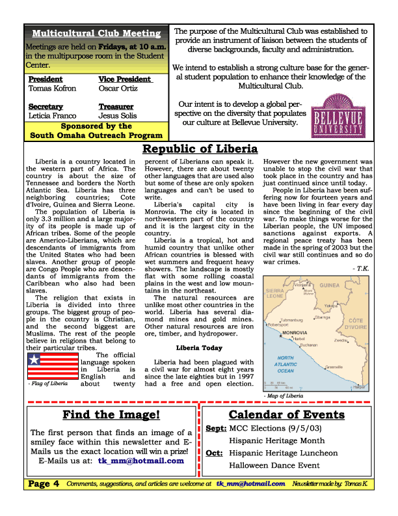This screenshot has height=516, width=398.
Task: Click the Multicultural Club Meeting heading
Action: click(x=96, y=33)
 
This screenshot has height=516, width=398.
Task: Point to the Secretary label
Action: click(x=46, y=106)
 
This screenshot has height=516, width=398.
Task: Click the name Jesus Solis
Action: click(x=117, y=116)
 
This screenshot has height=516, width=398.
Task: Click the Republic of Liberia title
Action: click(x=200, y=149)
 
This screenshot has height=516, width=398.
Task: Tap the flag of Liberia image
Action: click(x=53, y=365)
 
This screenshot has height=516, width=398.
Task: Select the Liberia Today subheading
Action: click(x=199, y=348)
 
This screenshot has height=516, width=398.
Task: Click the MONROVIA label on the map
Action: click(x=295, y=333)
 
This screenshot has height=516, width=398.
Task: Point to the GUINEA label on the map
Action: click(x=330, y=285)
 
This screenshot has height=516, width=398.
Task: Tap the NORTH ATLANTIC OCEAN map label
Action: click(x=285, y=364)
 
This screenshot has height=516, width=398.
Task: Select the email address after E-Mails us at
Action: click(x=140, y=461)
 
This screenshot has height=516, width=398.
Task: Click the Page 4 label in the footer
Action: click(x=44, y=483)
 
